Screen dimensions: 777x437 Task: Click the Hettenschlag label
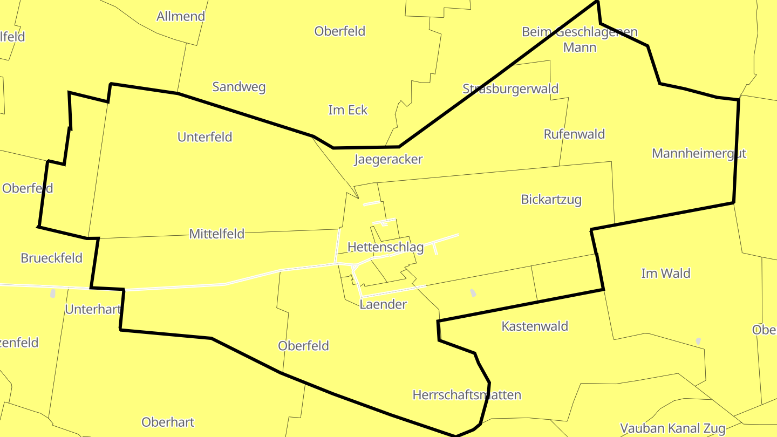point(385,247)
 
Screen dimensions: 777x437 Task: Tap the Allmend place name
point(181,16)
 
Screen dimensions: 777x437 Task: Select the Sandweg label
point(238,87)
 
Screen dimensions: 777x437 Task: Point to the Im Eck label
point(347,110)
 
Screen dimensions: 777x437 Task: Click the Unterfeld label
point(205,137)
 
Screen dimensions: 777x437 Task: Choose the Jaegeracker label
point(388,159)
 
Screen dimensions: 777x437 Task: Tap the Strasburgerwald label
point(510,89)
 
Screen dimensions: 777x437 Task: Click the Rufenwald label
point(574,134)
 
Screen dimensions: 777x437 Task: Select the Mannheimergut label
point(698,153)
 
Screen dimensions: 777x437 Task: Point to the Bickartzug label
point(551,200)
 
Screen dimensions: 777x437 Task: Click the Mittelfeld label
point(216,234)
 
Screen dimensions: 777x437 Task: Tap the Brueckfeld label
point(51,258)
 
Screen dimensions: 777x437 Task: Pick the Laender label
point(383,304)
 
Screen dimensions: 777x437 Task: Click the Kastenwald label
point(534,326)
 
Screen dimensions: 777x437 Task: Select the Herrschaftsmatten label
point(467,395)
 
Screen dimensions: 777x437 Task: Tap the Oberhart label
point(168,422)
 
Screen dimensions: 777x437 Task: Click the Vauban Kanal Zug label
point(672,428)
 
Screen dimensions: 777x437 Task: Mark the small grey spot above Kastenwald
point(473,292)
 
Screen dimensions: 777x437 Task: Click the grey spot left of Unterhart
point(53,293)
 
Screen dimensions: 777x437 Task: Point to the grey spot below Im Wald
point(698,341)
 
